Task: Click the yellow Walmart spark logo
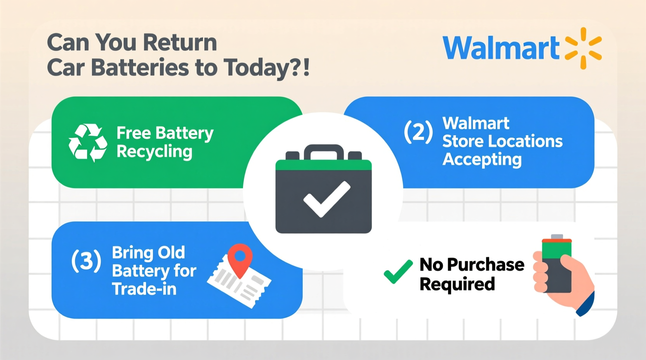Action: pyautogui.click(x=583, y=48)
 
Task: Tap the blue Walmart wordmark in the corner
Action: pyautogui.click(x=501, y=48)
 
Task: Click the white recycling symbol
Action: pyautogui.click(x=88, y=143)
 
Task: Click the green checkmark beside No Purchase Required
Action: pyautogui.click(x=398, y=272)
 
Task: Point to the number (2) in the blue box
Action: pyautogui.click(x=418, y=132)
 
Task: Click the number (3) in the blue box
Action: pyautogui.click(x=86, y=261)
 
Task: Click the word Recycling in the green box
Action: pyautogui.click(x=154, y=152)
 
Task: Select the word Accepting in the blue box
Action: pyautogui.click(x=482, y=160)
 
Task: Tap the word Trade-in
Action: pyautogui.click(x=144, y=289)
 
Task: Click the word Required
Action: pyautogui.click(x=457, y=284)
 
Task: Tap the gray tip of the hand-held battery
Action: pyautogui.click(x=557, y=237)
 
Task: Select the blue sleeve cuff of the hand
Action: pyautogui.click(x=586, y=305)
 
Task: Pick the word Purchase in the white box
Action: pyautogui.click(x=485, y=265)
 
